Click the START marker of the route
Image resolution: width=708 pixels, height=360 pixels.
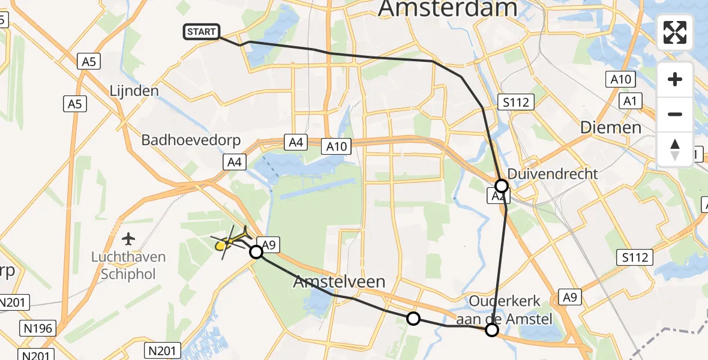coord(202,32)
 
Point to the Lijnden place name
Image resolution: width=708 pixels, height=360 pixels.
coord(134,91)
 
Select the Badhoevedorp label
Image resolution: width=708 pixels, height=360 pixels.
coord(191,140)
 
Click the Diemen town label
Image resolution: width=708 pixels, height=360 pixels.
coord(611,127)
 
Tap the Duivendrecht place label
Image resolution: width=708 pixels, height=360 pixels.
coord(553,174)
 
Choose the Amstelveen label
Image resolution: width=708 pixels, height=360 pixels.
coord(339,281)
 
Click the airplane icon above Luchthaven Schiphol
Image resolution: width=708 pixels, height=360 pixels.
coord(128,239)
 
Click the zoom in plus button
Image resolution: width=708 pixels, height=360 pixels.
coord(675,79)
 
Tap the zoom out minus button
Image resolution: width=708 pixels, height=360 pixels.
coord(675,114)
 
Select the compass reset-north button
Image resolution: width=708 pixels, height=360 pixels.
coord(675,149)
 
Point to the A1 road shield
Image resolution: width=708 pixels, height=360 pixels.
coord(629,101)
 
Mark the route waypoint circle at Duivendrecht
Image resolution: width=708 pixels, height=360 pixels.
coord(502,186)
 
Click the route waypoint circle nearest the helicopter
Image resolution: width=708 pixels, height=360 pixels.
coord(256,252)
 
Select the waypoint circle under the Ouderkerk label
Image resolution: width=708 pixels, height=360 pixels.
coord(492,329)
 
